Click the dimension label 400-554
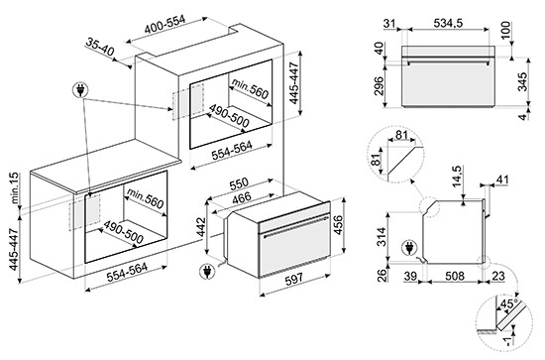165,25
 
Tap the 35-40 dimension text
100,48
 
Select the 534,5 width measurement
448,23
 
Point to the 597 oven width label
294,279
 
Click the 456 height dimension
338,226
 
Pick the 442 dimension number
201,227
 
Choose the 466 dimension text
241,197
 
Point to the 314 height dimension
381,236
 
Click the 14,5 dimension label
457,178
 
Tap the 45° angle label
508,303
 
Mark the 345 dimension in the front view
522,81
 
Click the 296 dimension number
379,85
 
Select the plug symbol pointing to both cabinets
80,90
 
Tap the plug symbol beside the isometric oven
207,271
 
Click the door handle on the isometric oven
294,227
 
